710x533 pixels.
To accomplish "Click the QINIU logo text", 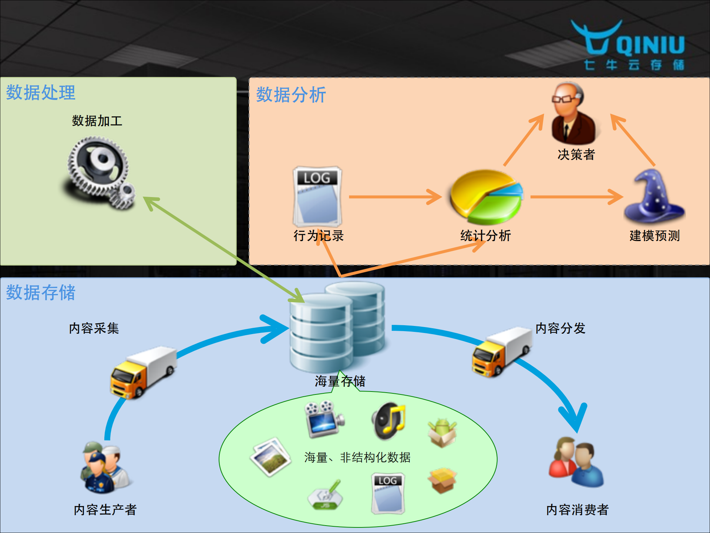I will click(x=650, y=45).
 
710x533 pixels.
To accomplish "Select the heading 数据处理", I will click(x=41, y=93).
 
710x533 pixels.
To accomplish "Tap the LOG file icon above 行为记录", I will click(x=317, y=196).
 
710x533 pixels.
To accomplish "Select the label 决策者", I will click(x=576, y=155).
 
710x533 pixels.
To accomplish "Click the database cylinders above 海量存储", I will click(x=337, y=326).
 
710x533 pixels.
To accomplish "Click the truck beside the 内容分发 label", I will click(x=502, y=352).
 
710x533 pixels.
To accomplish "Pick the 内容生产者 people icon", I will click(x=105, y=468).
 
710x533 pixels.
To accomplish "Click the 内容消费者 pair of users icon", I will click(x=576, y=462).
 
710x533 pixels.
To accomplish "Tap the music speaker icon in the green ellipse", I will click(x=388, y=420).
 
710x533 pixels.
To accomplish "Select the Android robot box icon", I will click(x=442, y=433).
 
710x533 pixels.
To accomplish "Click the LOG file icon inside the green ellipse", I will click(x=388, y=493).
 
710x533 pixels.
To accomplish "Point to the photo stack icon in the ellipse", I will click(x=270, y=456).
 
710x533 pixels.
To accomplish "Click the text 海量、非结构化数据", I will click(x=357, y=458).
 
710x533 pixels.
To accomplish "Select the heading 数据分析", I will click(x=291, y=95).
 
